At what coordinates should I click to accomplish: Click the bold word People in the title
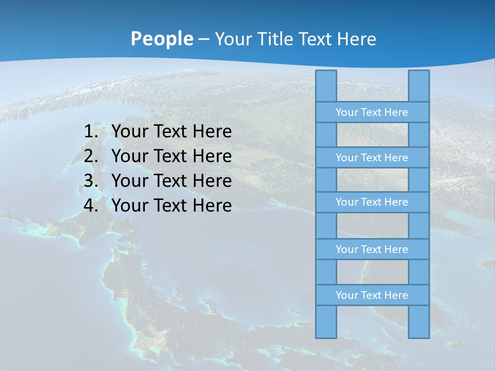(161, 39)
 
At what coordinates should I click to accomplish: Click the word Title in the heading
(275, 39)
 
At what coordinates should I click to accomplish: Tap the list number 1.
(91, 132)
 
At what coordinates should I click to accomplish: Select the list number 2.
(91, 156)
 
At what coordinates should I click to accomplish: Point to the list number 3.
(91, 181)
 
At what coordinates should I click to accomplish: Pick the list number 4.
(91, 206)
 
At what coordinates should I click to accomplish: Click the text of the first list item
(171, 132)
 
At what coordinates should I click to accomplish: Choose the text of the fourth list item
(171, 206)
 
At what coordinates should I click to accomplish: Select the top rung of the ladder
(372, 112)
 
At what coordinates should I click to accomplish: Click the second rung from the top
(372, 158)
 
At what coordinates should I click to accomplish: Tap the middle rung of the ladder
(372, 202)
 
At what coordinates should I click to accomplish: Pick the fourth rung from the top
(372, 249)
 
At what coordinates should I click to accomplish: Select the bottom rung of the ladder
(372, 295)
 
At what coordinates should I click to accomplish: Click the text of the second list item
(171, 156)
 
